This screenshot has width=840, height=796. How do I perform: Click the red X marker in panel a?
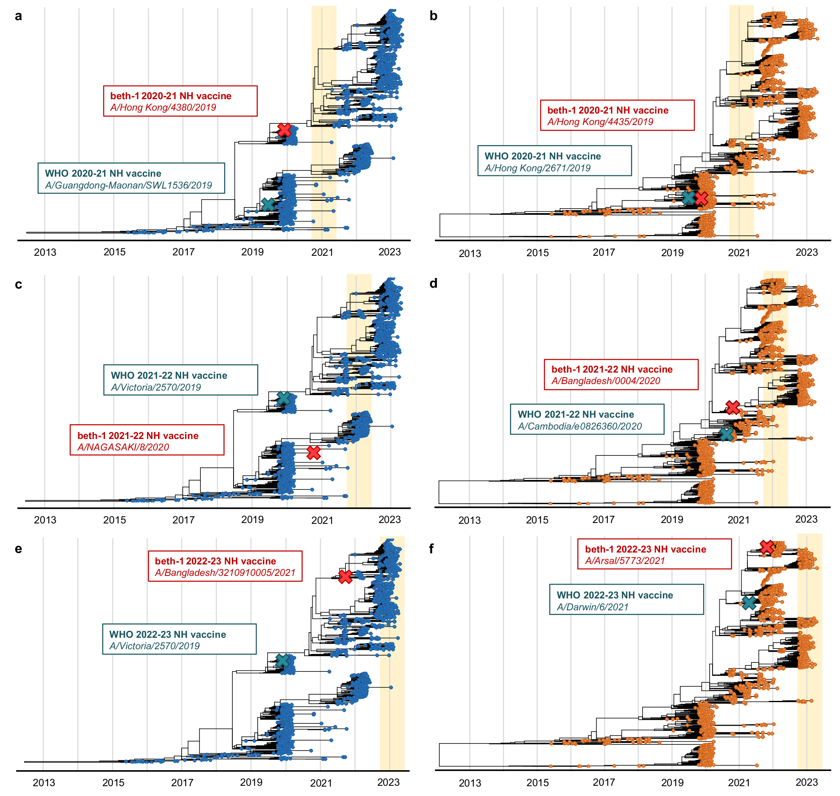pos(284,130)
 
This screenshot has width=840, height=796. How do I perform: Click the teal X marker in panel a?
pos(268,205)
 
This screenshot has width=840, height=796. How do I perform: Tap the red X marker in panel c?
pos(313,453)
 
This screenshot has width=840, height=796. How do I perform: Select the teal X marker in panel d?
pos(726,434)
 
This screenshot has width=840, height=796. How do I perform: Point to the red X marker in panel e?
pos(345,577)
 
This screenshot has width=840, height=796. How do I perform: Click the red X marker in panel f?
pos(767,547)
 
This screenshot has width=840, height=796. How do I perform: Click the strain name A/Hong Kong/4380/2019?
pos(163,108)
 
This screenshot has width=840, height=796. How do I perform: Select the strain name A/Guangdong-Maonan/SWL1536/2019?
pos(128,185)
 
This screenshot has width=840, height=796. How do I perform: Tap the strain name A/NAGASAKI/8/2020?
pos(123,447)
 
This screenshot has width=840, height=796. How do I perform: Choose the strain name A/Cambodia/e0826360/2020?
pos(579,426)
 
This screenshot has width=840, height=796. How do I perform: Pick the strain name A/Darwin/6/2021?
pos(592,607)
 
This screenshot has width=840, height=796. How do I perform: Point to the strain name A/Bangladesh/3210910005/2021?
pos(225,573)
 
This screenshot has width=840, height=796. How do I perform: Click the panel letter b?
pos(433,16)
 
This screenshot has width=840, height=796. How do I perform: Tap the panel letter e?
pos(18,549)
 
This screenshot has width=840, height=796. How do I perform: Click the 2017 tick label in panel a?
pos(183,252)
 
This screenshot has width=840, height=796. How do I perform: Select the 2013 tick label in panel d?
pos(469,521)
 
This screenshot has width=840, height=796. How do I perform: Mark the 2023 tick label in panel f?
pos(806,782)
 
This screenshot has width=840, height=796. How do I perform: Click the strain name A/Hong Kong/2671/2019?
pos(537,168)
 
